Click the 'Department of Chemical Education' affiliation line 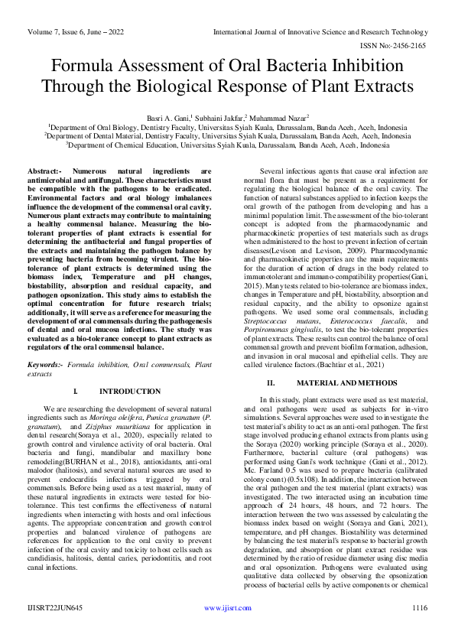click(227, 145)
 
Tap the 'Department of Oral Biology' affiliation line click(227, 126)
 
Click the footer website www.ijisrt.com click(227, 629)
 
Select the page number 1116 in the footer click(418, 629)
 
